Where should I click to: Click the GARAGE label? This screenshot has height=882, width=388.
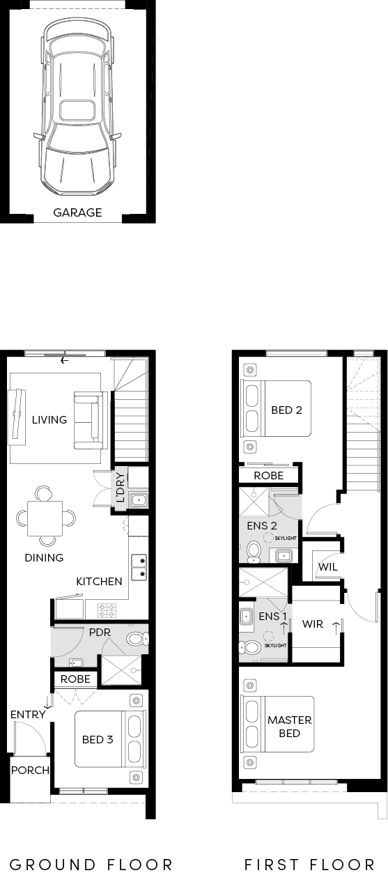[77, 212]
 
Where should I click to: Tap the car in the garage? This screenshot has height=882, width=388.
[77, 108]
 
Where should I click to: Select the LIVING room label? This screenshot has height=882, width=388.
[49, 419]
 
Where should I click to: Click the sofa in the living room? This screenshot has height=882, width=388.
[91, 420]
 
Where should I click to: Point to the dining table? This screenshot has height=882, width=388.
[45, 518]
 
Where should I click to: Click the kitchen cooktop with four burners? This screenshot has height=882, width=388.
[107, 610]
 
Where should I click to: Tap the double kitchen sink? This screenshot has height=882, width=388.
[139, 567]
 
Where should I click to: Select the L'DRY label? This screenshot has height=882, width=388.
[121, 488]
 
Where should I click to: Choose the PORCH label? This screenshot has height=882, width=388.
[30, 770]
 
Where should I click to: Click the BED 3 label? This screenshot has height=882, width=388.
[98, 739]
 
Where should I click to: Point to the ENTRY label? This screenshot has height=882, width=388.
[28, 714]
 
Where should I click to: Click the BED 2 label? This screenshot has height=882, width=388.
[286, 410]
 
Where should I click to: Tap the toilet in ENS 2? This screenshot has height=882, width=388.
[254, 552]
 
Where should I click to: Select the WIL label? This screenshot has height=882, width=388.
[328, 567]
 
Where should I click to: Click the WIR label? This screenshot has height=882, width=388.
[313, 624]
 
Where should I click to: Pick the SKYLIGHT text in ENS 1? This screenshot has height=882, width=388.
[275, 645]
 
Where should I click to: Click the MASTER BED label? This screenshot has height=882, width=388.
[290, 727]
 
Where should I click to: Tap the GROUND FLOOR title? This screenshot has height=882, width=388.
[91, 865]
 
